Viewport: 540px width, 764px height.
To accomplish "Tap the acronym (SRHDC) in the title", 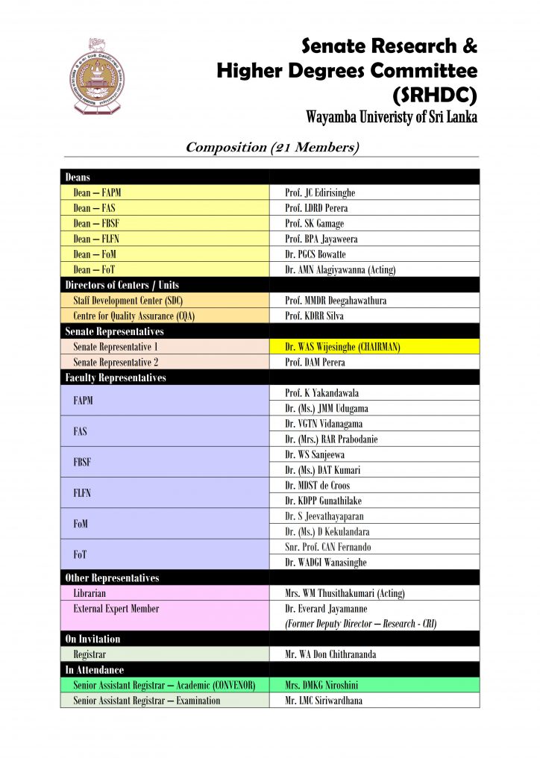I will (x=434, y=95).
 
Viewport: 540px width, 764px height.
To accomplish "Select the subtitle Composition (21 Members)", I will (x=272, y=147).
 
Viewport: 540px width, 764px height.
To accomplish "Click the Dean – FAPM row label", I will (x=97, y=192).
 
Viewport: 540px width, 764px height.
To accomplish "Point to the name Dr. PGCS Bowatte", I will (x=315, y=254).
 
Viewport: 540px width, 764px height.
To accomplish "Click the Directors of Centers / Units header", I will (x=122, y=285).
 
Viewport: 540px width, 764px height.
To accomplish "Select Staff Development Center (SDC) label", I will (x=126, y=301).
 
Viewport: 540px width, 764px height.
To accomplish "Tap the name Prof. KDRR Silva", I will (x=315, y=316).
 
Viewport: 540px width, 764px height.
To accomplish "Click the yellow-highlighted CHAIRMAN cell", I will (x=343, y=347).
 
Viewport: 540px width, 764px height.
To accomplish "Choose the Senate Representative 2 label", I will (x=116, y=362).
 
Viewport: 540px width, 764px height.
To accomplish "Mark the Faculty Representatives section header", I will (x=116, y=378).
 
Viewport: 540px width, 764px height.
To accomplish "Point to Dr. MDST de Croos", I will (x=317, y=486).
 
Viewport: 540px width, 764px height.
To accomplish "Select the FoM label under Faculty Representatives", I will (x=81, y=524).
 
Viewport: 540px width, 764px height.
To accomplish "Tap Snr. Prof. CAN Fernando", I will (x=327, y=547).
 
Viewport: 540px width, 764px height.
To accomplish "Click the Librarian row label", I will (x=90, y=593).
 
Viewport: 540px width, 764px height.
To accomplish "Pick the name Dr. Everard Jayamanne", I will (x=326, y=609).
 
